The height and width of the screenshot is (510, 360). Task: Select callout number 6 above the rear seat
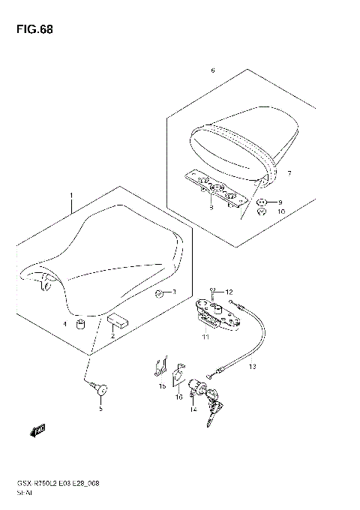(x=213, y=70)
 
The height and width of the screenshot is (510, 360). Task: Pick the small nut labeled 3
(x=159, y=292)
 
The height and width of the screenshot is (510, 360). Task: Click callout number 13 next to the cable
(x=252, y=367)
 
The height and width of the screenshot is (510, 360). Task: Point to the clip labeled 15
(x=159, y=367)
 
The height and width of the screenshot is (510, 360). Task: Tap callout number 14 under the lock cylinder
(x=193, y=409)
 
